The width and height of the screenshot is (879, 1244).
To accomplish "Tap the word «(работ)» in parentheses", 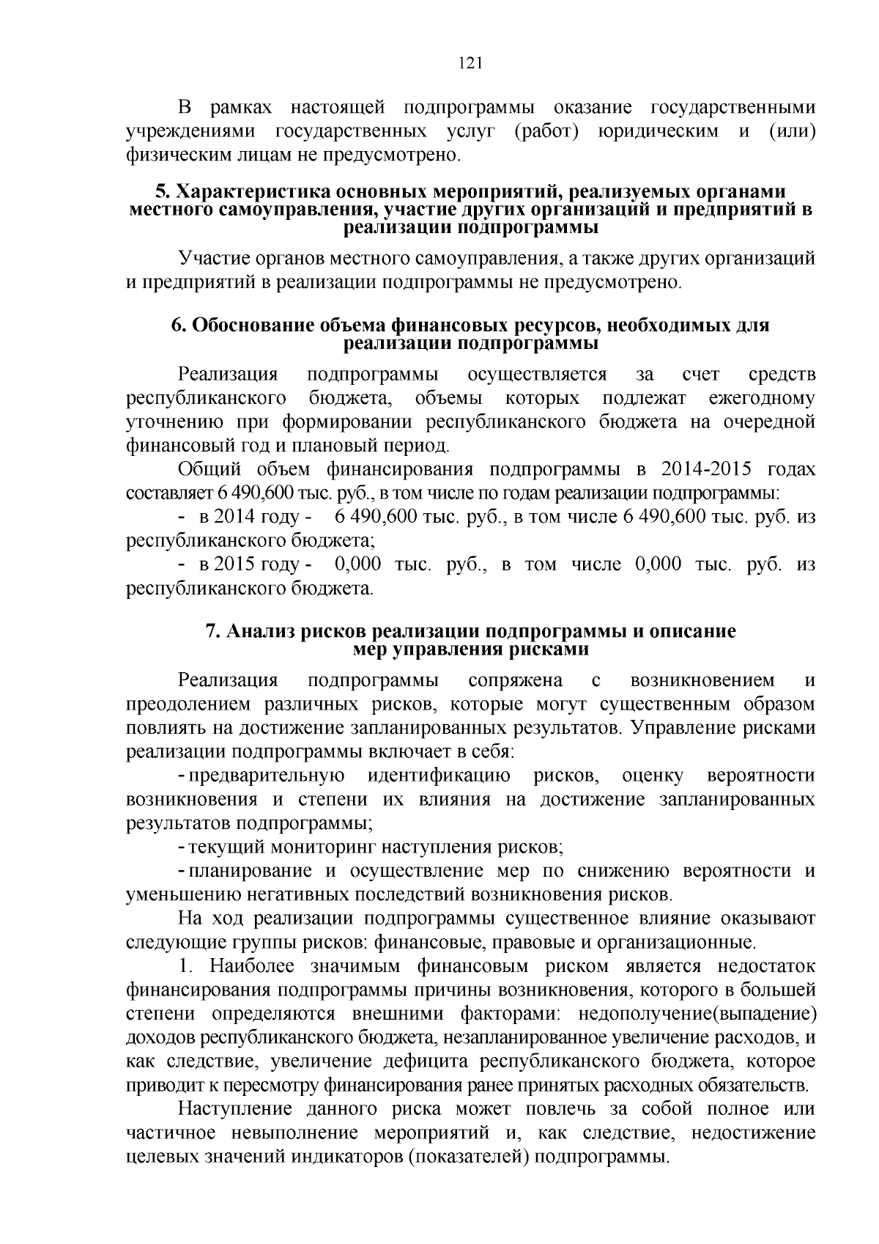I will pos(545,131).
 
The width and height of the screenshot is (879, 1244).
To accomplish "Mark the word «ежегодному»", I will pos(762,399).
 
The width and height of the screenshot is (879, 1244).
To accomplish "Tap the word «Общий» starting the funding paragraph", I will pos(209,469).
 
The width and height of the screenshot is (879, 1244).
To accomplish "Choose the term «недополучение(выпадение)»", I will pos(697,1015).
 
